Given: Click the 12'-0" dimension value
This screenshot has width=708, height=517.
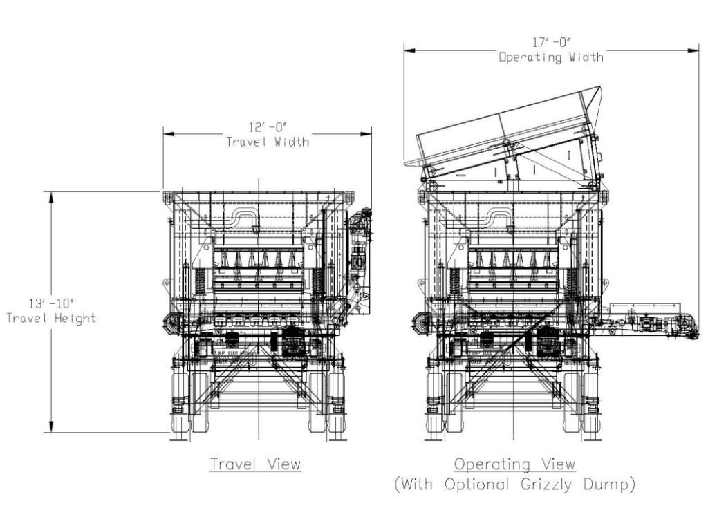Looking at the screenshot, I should [x=267, y=127].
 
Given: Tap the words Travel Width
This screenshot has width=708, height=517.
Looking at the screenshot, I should [x=267, y=142].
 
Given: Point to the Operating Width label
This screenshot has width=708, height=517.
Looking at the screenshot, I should [x=551, y=57].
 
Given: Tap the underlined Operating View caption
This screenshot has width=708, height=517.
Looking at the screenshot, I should [x=514, y=463].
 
